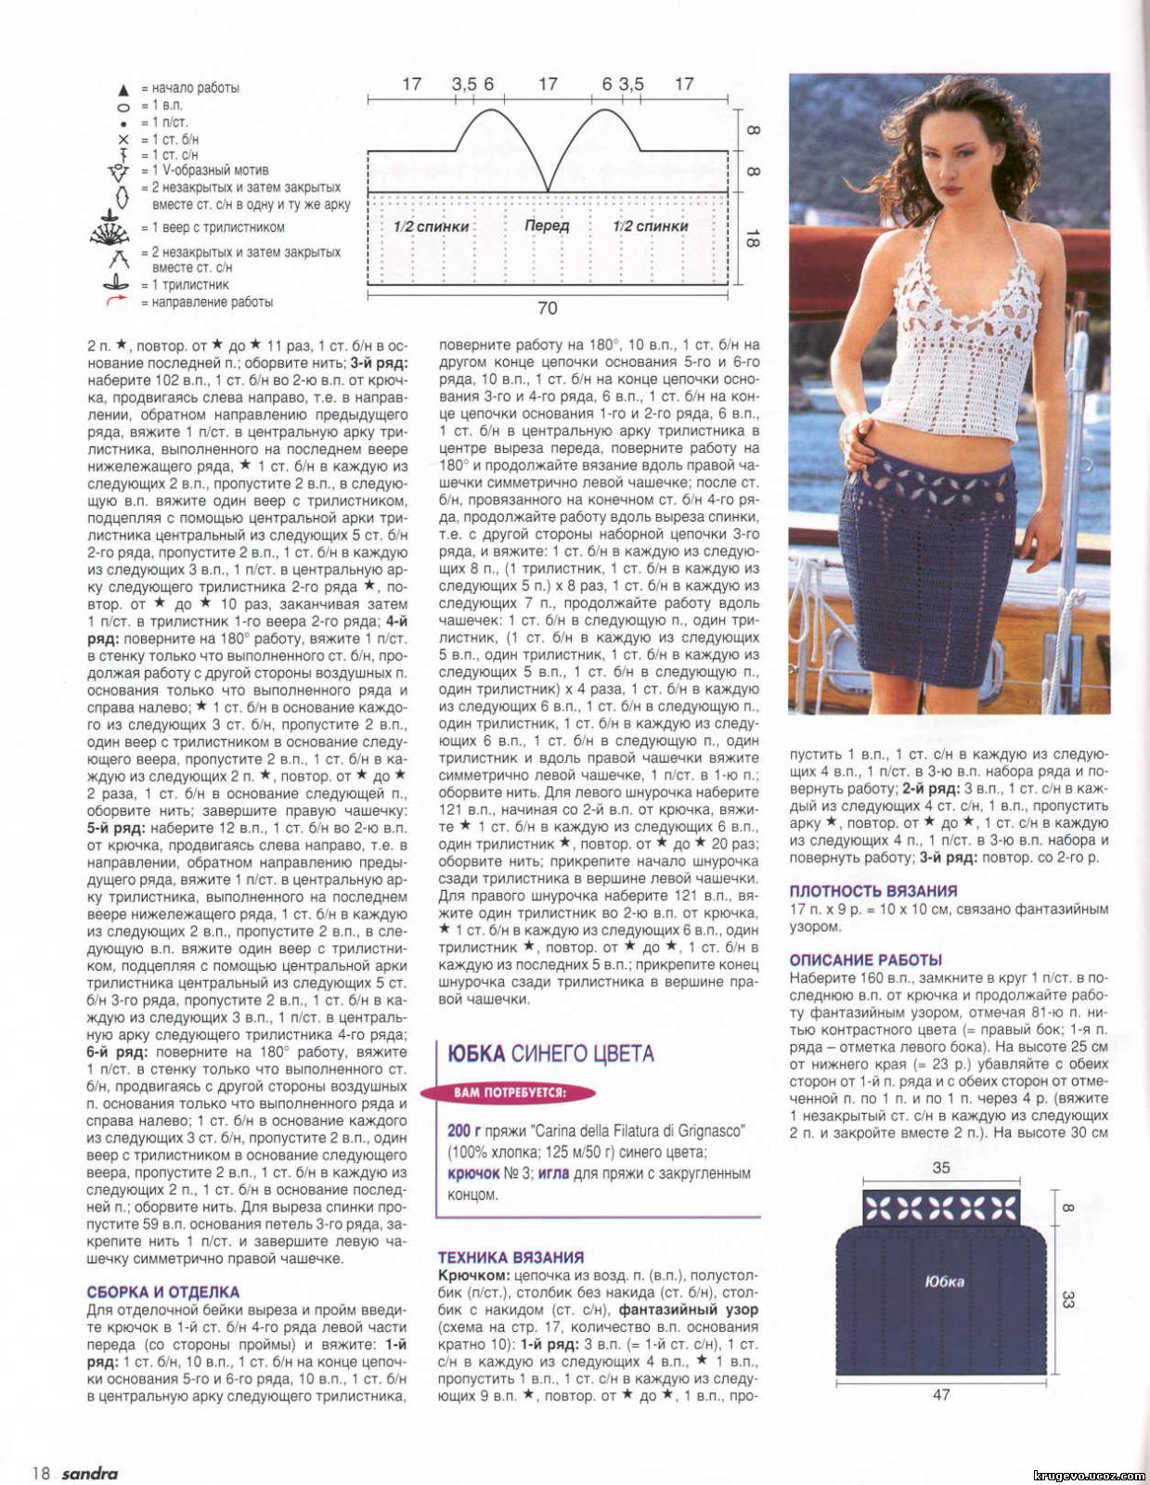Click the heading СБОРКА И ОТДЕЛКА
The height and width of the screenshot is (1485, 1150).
(x=163, y=1292)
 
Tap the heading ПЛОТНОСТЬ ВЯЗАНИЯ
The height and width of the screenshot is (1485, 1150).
(x=872, y=891)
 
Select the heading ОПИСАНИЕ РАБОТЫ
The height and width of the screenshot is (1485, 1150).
(x=865, y=961)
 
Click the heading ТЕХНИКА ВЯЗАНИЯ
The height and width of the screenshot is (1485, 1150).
(x=510, y=1258)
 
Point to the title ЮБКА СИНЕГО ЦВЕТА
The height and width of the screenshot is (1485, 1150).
(x=550, y=1053)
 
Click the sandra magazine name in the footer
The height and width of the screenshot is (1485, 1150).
(x=90, y=1473)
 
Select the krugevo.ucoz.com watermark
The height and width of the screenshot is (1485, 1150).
(x=1088, y=1475)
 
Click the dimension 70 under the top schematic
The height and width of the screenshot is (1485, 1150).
(x=548, y=308)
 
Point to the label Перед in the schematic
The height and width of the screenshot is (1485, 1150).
(x=547, y=226)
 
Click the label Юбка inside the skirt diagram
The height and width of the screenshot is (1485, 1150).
(x=944, y=1282)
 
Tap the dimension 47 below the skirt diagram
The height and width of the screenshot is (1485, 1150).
(x=941, y=1395)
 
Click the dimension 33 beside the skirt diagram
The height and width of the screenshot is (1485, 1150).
(x=1066, y=1298)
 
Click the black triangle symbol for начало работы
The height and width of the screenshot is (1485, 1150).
(x=123, y=90)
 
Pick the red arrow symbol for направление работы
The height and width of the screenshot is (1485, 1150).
(x=116, y=300)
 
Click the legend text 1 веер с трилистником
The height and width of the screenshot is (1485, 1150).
(x=213, y=227)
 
